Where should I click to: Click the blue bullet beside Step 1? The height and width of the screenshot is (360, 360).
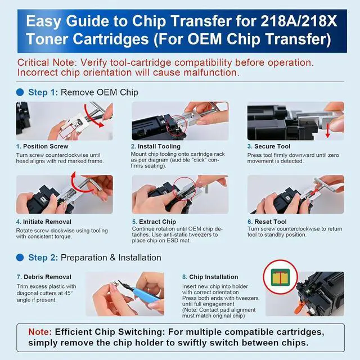tap(20, 92)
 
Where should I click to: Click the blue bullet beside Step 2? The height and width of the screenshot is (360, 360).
tap(20, 258)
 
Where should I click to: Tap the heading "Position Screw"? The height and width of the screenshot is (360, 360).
tap(46, 146)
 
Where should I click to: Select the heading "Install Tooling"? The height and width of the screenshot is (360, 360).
tap(159, 146)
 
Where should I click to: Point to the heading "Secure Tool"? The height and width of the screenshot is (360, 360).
tap(272, 146)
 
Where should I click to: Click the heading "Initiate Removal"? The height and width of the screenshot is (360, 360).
tap(47, 222)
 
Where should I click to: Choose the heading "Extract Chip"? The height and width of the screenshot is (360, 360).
tap(157, 222)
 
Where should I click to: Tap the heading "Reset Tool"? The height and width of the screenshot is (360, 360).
tap(271, 222)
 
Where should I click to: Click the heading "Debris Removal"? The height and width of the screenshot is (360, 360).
tap(47, 277)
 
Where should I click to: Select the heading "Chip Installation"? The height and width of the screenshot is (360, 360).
tap(214, 277)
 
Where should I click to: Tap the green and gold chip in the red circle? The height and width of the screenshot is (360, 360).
tap(280, 277)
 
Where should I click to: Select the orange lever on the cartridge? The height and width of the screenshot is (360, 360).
tap(300, 307)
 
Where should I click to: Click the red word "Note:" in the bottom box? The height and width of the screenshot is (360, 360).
tap(40, 332)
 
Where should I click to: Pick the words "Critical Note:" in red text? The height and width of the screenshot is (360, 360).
tap(47, 62)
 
